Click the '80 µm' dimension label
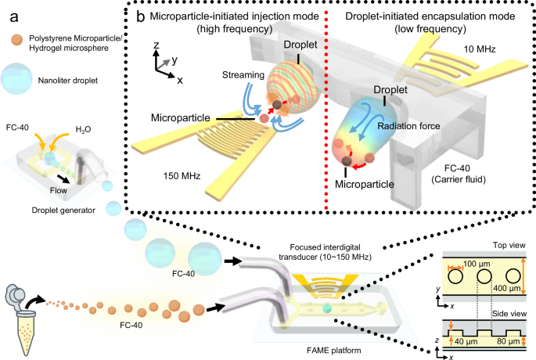pos(511,341)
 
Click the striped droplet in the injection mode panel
pos(289,86)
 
